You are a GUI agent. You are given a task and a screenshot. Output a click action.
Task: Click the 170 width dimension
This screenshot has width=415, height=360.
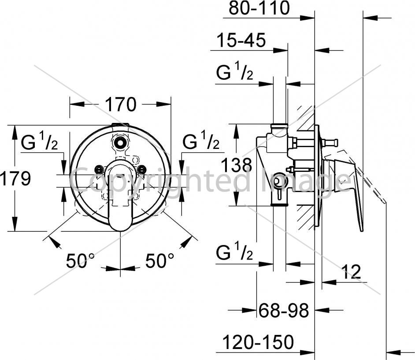point(121,104)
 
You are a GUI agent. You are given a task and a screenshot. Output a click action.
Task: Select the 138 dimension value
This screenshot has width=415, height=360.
point(236,165)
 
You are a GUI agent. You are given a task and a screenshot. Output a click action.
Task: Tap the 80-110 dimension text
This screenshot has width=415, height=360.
point(259,8)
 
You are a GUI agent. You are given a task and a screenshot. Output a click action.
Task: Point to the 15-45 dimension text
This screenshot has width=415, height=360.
point(241,40)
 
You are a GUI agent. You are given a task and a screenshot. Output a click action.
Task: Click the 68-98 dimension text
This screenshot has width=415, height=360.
point(284,310)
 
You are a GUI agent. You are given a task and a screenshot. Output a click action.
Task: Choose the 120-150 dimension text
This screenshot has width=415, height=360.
point(258,342)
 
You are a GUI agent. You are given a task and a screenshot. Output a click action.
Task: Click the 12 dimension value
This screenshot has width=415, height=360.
point(351,271)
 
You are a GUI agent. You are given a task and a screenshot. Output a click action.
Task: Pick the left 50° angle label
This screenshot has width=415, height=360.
point(80,260)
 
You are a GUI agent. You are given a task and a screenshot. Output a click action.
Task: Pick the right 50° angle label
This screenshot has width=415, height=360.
point(160,260)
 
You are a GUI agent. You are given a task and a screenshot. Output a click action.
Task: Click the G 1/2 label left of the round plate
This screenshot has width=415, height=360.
point(40,141)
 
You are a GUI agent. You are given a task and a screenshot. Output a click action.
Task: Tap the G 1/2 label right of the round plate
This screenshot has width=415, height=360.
point(201,140)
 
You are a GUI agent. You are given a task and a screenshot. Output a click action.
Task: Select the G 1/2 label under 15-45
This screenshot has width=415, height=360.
point(235,71)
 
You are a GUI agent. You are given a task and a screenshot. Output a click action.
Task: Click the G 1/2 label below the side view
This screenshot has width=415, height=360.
point(235,252)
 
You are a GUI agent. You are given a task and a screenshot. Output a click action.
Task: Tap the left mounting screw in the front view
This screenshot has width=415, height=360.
point(99,169)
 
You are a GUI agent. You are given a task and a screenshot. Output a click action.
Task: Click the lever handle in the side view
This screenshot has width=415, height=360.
point(344,186)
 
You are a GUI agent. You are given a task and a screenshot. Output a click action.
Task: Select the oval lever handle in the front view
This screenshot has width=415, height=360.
point(121,195)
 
